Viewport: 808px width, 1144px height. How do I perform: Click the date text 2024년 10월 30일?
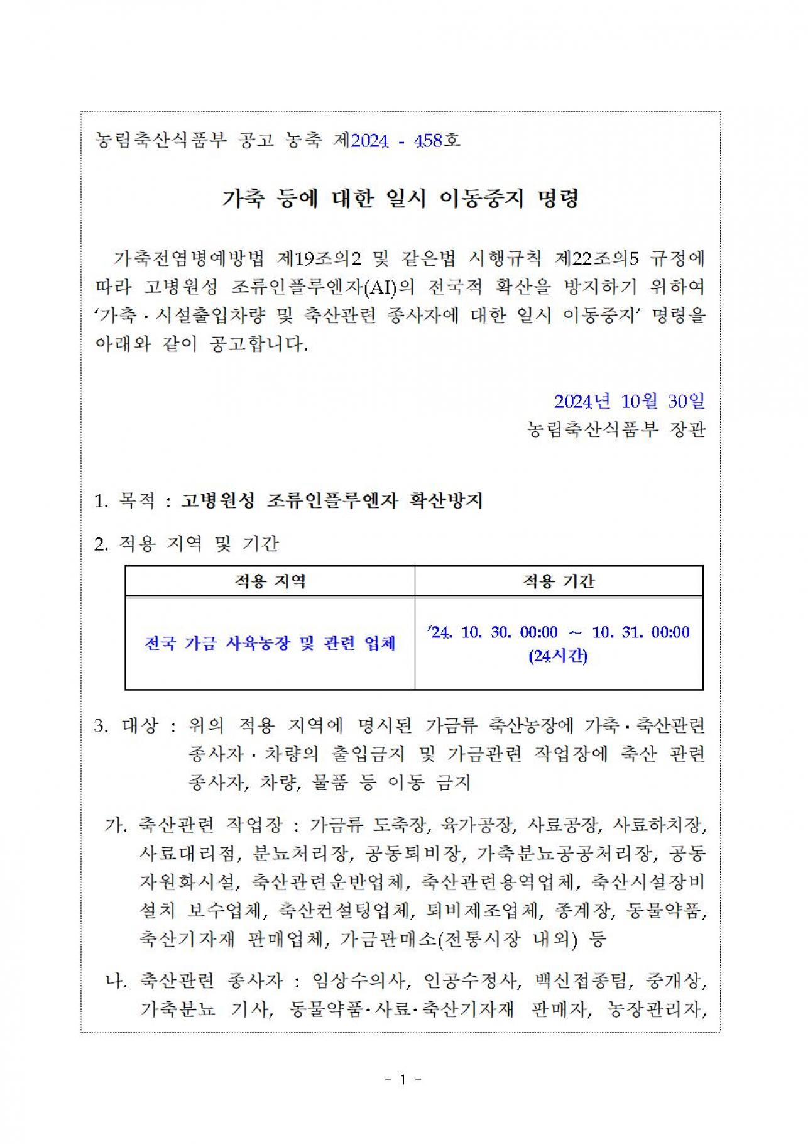[629, 401]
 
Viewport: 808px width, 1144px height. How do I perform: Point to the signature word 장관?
[689, 429]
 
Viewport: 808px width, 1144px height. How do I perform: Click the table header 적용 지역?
[270, 581]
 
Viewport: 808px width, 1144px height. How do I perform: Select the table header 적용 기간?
[559, 581]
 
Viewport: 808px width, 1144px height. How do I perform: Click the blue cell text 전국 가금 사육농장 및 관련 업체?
[270, 643]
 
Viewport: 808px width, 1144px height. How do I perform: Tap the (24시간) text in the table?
[558, 656]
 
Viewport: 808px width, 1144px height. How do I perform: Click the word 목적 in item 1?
[136, 500]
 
